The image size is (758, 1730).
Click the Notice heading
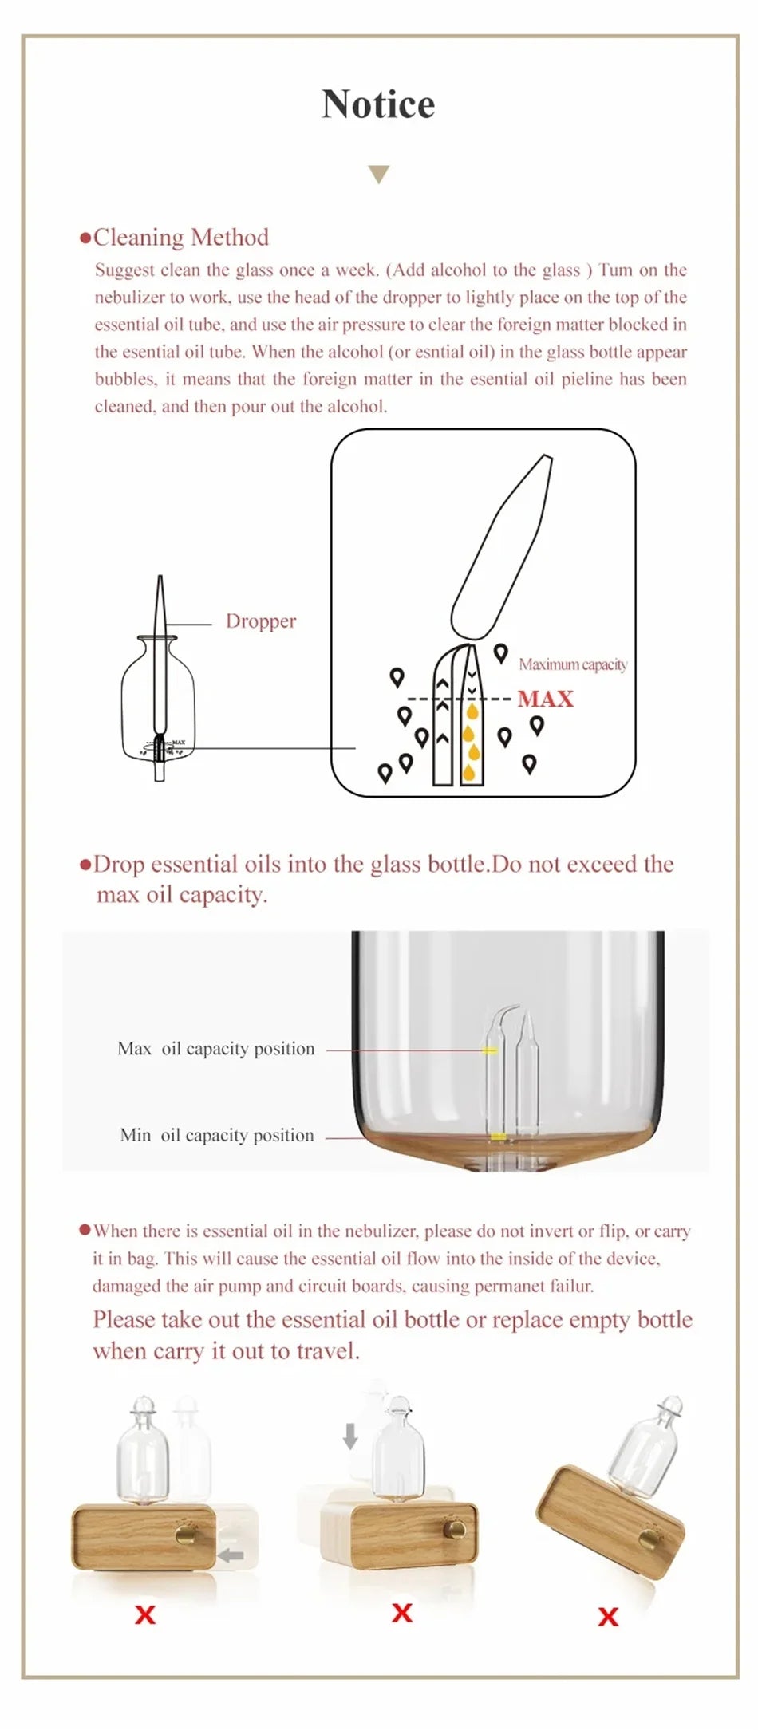378,104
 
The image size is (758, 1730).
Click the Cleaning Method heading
180,238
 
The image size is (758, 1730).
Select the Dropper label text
260,621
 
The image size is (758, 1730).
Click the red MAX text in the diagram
545,699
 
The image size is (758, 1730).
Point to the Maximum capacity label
572,664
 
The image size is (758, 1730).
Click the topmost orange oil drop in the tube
472,711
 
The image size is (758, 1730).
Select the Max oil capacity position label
215,1049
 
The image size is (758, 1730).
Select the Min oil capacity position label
216,1136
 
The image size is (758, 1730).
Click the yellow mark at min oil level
497,1136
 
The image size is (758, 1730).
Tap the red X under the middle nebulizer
402,1613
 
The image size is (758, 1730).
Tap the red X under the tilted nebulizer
608,1617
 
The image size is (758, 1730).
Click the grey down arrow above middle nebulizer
349,1436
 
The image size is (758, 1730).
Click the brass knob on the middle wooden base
455,1529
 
